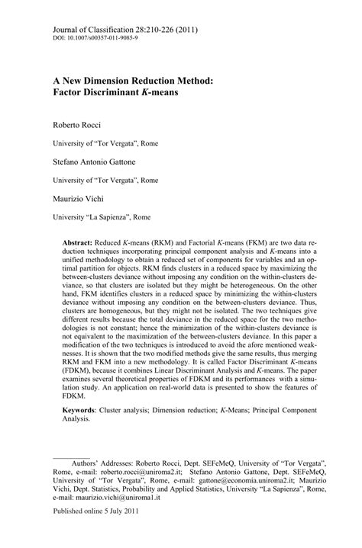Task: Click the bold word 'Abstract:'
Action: [x=88, y=240]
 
